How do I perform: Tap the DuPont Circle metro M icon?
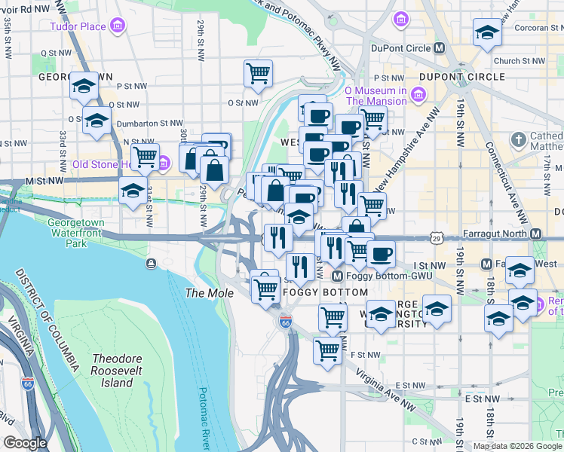pyautogui.click(x=440, y=48)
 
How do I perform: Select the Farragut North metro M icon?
pyautogui.click(x=536, y=234)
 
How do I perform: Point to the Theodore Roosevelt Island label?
pyautogui.click(x=112, y=371)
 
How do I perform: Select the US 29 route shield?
pyautogui.click(x=437, y=238)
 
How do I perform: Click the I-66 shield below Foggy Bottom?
pyautogui.click(x=284, y=322)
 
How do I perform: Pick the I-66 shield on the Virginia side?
pyautogui.click(x=28, y=385)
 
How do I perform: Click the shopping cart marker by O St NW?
pyautogui.click(x=258, y=74)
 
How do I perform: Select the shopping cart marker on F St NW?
pyautogui.click(x=327, y=350)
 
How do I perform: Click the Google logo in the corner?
pyautogui.click(x=26, y=443)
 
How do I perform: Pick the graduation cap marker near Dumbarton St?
pyautogui.click(x=97, y=121)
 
